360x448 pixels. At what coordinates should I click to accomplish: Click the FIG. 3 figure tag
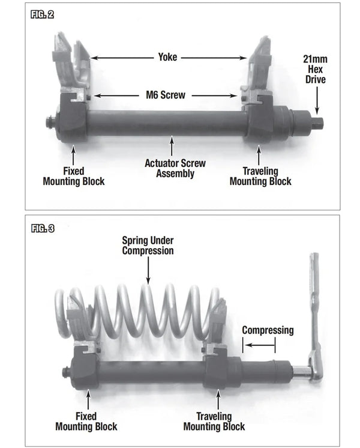pyautogui.click(x=41, y=229)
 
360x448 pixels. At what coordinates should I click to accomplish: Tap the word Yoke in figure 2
pyautogui.click(x=168, y=58)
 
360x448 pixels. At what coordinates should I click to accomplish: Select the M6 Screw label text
pyautogui.click(x=166, y=95)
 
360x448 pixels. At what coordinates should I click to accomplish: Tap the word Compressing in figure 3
pyautogui.click(x=268, y=330)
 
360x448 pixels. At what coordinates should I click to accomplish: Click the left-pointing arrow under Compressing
pyautogui.click(x=259, y=345)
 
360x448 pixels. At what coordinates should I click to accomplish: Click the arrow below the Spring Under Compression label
pyautogui.click(x=148, y=270)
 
